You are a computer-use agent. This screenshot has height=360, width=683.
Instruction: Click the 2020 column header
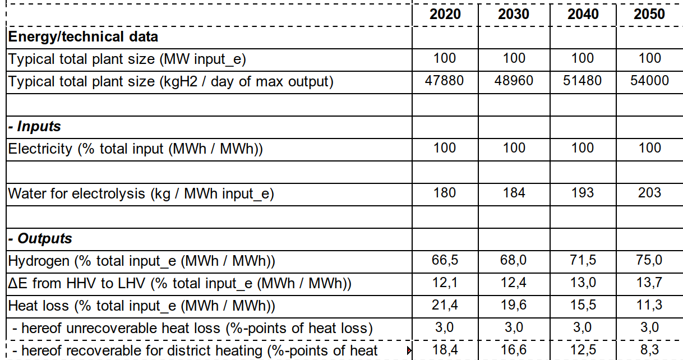point(445,14)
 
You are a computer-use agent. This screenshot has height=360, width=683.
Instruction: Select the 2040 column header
point(583,14)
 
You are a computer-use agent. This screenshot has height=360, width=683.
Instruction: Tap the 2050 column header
point(649,14)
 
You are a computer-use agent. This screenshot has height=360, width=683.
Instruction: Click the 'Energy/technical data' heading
point(83,37)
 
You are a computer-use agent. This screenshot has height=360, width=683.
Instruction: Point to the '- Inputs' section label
point(34,126)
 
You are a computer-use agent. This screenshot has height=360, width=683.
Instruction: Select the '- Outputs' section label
point(40,238)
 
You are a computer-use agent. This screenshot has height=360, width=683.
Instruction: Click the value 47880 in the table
point(445,81)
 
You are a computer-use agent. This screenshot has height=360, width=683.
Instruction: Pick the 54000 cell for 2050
point(649,81)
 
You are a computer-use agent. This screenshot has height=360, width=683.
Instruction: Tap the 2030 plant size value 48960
point(514,81)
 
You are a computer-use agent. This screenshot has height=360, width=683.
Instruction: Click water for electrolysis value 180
point(445,193)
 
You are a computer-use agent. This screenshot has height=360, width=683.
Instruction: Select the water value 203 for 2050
point(649,193)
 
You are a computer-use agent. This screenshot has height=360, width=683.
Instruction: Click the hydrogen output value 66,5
point(445,260)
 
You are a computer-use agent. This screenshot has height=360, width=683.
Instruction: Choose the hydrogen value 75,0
point(649,260)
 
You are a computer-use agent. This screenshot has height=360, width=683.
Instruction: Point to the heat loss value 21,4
point(445,305)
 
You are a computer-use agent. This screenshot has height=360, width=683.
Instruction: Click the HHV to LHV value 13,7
point(649,283)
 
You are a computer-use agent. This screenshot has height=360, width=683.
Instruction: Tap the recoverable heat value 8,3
point(649,351)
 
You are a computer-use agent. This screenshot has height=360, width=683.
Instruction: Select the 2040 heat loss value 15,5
point(583,305)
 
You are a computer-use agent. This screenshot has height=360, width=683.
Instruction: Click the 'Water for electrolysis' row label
point(141,193)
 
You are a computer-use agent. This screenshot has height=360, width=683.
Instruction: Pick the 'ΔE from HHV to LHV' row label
point(179,283)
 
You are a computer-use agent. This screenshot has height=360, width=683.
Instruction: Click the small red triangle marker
point(409,352)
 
